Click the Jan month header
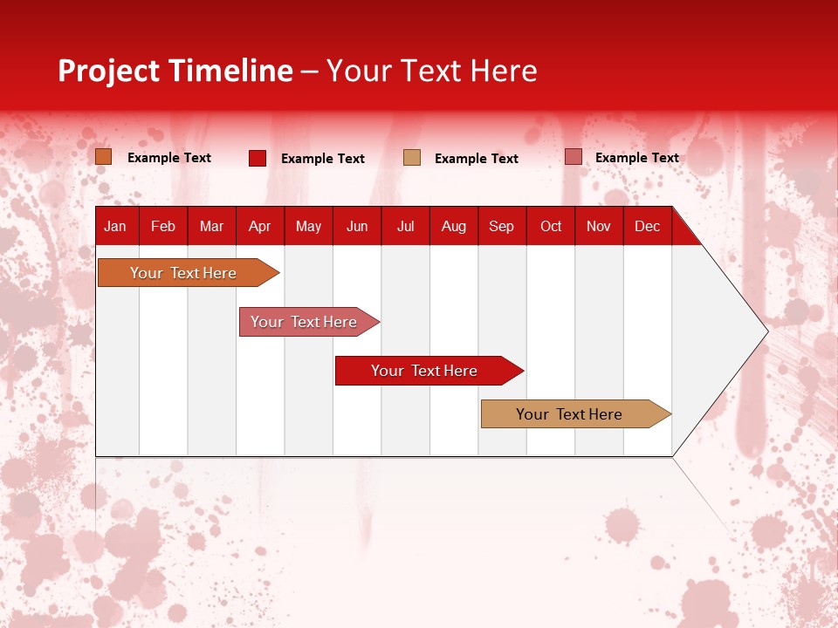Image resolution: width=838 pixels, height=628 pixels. click(x=115, y=226)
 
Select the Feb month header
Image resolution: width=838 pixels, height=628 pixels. click(x=163, y=226)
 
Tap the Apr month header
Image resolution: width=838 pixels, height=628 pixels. click(x=259, y=226)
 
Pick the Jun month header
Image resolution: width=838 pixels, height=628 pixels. click(x=357, y=226)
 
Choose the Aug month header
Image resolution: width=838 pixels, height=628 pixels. click(x=453, y=226)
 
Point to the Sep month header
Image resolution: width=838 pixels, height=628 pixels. click(x=501, y=226)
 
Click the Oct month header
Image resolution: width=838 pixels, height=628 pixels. click(x=551, y=226)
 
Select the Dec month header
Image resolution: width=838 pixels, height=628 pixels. click(x=647, y=226)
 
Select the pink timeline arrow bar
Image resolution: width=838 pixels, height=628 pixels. click(x=306, y=322)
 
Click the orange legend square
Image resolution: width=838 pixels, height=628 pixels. click(x=104, y=157)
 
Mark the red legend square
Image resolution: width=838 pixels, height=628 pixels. click(x=258, y=158)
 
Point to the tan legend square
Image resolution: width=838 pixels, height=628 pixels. click(x=412, y=158)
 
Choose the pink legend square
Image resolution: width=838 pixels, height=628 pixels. click(x=573, y=157)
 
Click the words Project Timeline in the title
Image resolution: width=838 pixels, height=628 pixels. click(x=175, y=71)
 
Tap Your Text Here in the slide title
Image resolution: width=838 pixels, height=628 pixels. click(x=432, y=71)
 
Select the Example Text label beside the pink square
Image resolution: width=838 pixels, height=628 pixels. click(x=636, y=158)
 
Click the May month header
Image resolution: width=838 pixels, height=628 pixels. click(x=308, y=226)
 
